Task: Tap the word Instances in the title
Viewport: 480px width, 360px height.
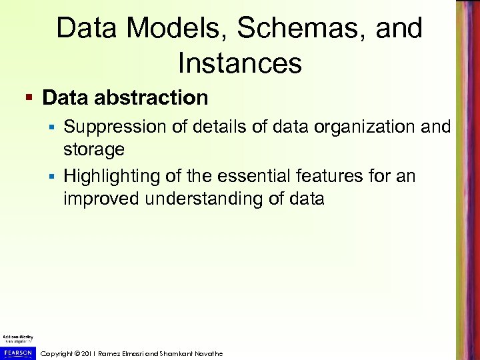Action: click(x=240, y=63)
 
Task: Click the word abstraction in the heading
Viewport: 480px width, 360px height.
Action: click(x=152, y=98)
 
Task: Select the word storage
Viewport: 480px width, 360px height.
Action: click(x=93, y=149)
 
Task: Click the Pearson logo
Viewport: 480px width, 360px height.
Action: click(x=17, y=351)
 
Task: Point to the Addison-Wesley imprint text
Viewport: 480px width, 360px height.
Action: click(x=17, y=338)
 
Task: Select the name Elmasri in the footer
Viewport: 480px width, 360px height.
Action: click(x=157, y=353)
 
